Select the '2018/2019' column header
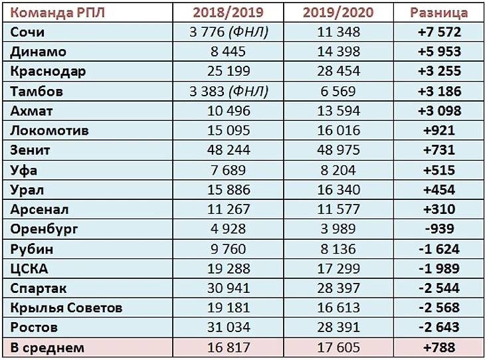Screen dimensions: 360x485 click(x=228, y=12)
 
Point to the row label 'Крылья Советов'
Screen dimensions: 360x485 click(x=67, y=308)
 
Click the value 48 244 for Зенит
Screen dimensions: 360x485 click(x=228, y=150)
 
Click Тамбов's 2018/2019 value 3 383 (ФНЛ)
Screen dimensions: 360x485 click(x=228, y=91)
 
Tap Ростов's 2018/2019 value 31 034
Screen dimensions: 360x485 click(x=228, y=327)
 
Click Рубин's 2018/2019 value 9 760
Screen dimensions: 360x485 click(x=228, y=249)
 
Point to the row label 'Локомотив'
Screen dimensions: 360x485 click(x=50, y=130)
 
